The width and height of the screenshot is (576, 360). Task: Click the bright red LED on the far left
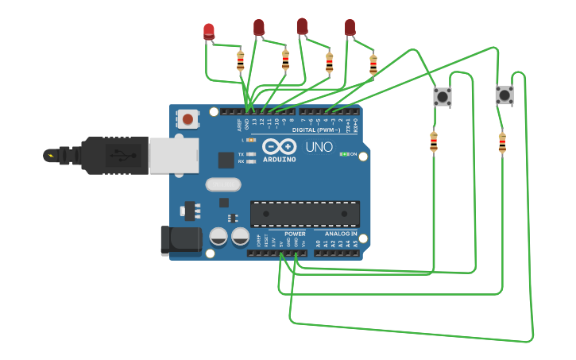pos(209,32)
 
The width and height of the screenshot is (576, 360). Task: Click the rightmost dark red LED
pos(350,28)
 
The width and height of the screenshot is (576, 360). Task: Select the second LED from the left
pos(259,28)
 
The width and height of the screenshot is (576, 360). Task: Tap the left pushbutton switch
pos(442,97)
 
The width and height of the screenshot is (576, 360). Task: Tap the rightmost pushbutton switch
pos(504,95)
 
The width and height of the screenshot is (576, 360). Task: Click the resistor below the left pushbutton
pos(434,141)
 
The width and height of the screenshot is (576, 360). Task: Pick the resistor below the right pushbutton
pos(502,142)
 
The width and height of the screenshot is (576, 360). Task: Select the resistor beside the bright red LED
pos(241,60)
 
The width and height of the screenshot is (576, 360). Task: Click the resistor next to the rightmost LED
pos(373,64)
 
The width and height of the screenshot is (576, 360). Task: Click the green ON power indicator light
pos(344,154)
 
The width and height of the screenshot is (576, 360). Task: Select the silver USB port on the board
pos(173,154)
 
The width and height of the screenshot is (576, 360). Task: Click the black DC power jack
pos(180,241)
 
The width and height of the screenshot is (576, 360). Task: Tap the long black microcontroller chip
pos(305,214)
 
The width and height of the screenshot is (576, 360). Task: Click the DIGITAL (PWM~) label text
pos(316,129)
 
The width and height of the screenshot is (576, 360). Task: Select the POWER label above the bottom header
pos(295,234)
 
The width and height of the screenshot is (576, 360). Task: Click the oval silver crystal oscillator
pos(222,185)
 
